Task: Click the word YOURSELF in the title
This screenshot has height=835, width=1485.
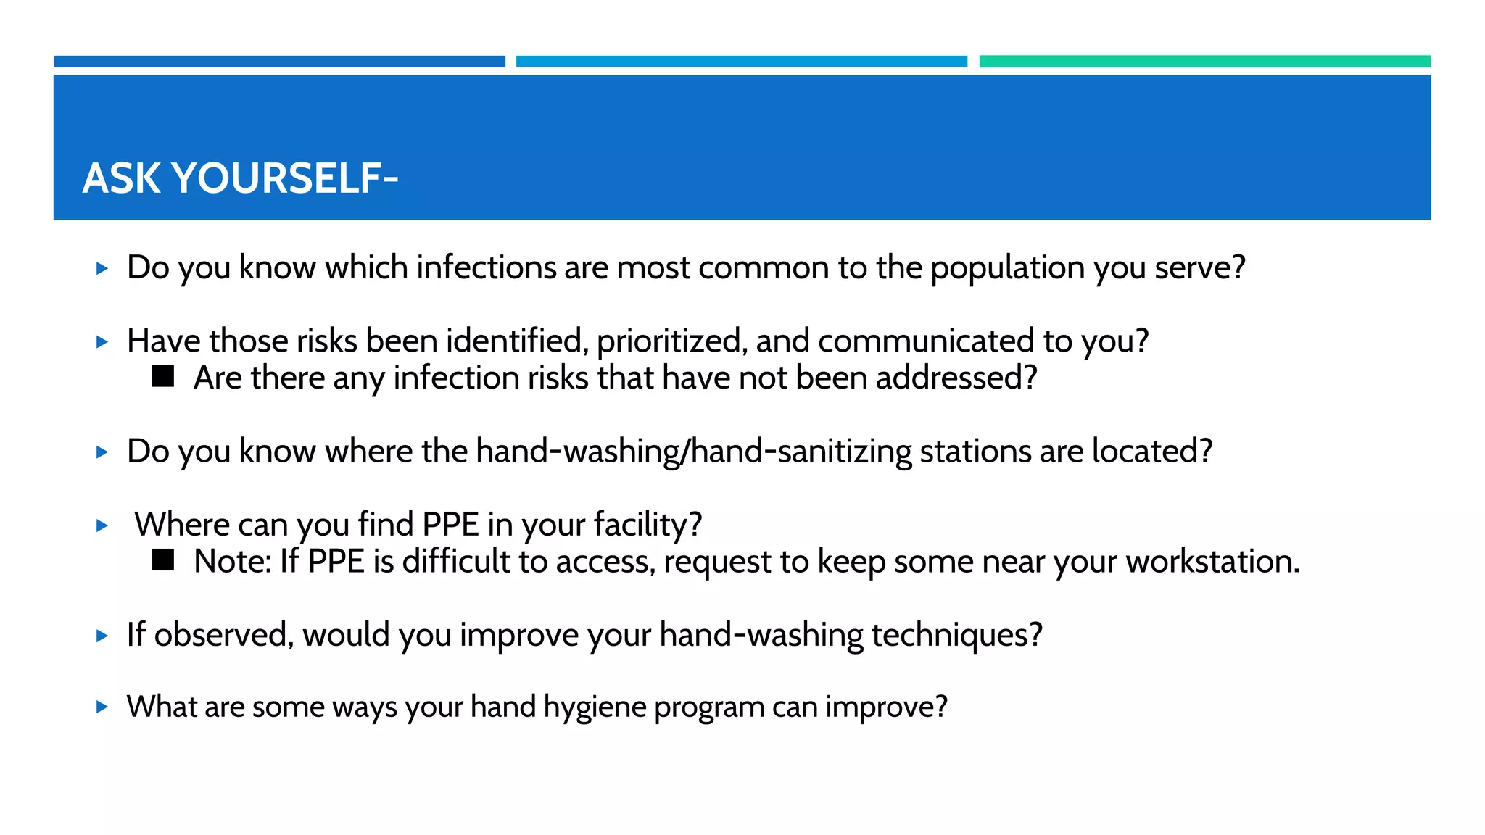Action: [285, 178]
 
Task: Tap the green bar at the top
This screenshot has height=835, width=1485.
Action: [1204, 62]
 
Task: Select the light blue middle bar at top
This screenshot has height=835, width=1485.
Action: [741, 62]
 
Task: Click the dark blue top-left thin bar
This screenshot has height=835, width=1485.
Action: [279, 62]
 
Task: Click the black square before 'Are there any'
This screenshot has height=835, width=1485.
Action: [163, 376]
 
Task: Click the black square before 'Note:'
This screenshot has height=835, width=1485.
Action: [163, 560]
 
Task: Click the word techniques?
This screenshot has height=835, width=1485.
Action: [956, 635]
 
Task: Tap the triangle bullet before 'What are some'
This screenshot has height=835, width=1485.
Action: [102, 707]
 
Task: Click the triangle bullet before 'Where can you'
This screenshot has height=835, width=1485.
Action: [102, 525]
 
